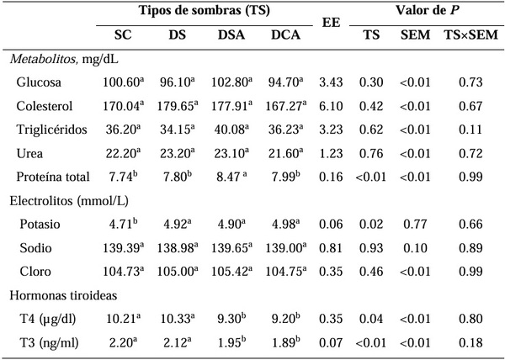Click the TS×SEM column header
[469, 37]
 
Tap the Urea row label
[29, 155]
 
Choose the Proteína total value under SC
[126, 178]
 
